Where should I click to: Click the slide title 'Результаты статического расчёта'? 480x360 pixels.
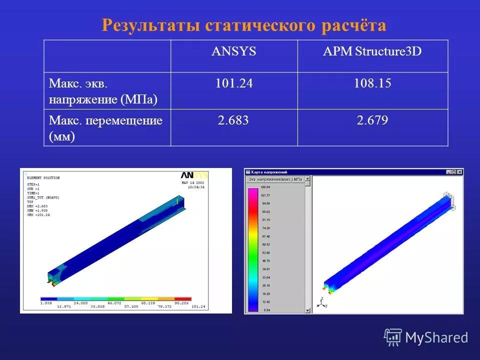point(244,25)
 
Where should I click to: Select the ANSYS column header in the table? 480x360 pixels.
point(234,51)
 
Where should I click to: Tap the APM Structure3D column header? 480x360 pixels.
point(372,51)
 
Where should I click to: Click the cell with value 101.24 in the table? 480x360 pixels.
point(234,83)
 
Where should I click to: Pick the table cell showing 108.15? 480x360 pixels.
point(372,83)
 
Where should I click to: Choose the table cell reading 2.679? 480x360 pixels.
point(372,120)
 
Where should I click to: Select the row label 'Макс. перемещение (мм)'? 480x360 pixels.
point(105,128)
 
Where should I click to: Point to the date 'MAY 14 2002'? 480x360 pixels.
point(193,183)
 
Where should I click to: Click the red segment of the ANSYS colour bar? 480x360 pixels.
point(182,299)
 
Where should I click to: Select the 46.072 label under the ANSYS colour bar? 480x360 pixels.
point(114,303)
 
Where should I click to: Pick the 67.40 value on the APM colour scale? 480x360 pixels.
point(266,236)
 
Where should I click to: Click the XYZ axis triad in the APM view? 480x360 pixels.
point(320,302)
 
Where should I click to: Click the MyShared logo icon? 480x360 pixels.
point(393,337)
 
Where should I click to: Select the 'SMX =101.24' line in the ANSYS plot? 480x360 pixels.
point(38,215)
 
